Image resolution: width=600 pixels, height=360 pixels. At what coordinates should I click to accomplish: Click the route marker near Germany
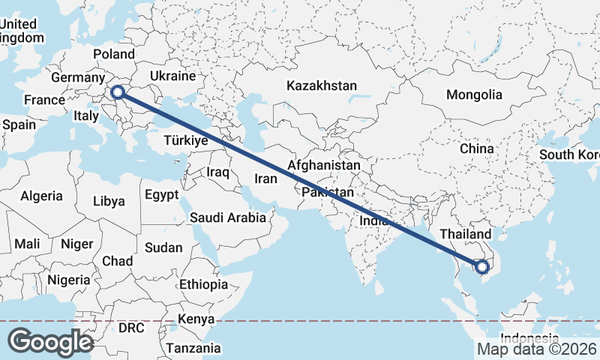tap(117, 93)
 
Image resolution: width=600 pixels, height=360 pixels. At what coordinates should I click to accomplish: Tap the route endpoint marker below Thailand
tap(481, 265)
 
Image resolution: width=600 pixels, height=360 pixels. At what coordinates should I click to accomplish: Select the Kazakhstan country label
tap(321, 85)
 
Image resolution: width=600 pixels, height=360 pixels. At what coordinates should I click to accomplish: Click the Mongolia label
tap(474, 95)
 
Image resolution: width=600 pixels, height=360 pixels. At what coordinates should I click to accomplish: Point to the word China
tap(477, 148)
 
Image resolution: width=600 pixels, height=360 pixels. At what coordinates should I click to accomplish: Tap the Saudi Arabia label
tap(228, 218)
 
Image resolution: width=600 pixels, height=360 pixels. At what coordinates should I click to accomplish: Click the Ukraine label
tap(172, 76)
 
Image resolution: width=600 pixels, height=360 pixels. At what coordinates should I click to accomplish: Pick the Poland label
tap(113, 54)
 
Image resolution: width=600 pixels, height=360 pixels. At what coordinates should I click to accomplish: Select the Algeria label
tap(41, 196)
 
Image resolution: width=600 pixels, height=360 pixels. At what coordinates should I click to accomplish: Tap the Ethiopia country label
tap(203, 284)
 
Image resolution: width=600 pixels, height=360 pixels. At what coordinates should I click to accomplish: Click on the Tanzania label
tap(193, 348)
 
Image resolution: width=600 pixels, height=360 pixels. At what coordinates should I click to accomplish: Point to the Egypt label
tap(161, 195)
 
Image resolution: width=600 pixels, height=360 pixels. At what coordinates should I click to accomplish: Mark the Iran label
tap(266, 178)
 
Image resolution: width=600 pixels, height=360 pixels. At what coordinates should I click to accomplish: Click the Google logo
tap(50, 342)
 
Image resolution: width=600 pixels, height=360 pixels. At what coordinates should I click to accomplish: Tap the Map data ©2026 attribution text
tap(537, 349)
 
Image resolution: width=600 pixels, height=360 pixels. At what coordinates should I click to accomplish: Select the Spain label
tap(19, 124)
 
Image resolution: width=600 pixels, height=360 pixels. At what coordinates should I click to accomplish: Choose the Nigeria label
tap(68, 280)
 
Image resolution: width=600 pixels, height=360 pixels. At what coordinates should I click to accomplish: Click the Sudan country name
tap(163, 247)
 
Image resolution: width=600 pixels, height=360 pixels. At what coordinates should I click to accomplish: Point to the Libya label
tap(109, 201)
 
